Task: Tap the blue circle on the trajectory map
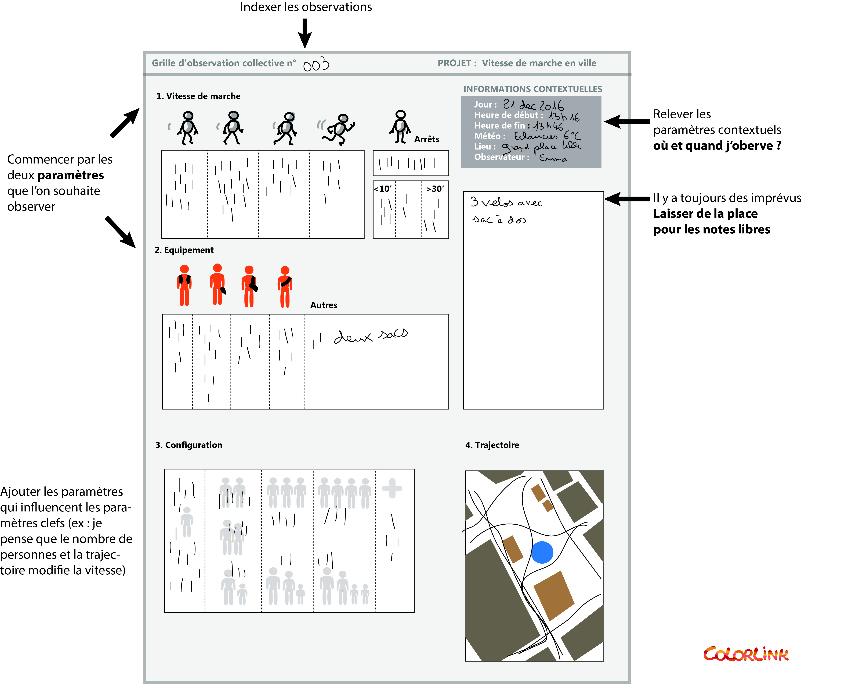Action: [x=542, y=552]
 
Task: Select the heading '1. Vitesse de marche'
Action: [x=198, y=96]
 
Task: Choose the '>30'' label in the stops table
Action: [x=435, y=189]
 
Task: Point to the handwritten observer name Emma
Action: [x=553, y=158]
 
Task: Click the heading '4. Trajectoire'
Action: [x=492, y=445]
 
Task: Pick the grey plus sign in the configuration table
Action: [x=392, y=488]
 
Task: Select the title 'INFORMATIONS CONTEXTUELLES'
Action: [x=532, y=89]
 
